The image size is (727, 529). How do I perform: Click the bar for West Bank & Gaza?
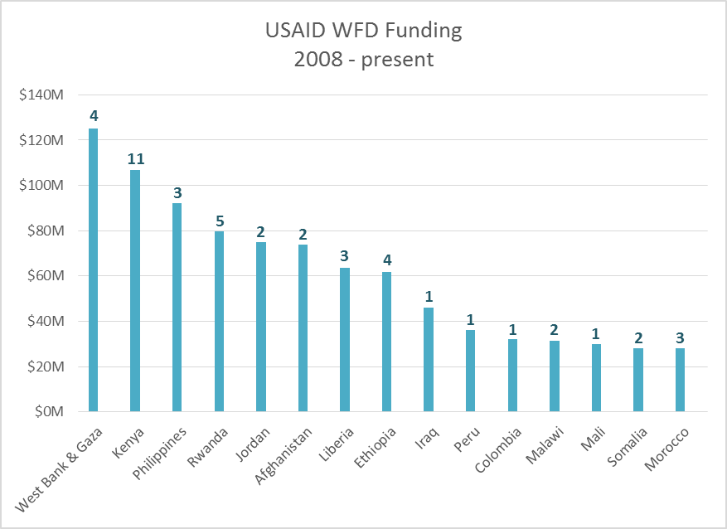(x=93, y=269)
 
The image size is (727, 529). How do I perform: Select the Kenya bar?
(x=135, y=290)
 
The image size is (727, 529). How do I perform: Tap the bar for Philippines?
(x=177, y=307)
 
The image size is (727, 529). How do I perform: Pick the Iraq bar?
(x=429, y=359)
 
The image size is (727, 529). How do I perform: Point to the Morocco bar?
(x=680, y=380)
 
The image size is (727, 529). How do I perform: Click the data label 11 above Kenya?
(x=135, y=158)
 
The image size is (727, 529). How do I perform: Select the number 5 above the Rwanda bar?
(x=220, y=221)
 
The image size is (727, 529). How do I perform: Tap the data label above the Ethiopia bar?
(x=387, y=260)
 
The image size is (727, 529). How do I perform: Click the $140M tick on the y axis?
(x=42, y=95)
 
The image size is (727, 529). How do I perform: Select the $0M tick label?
(x=48, y=412)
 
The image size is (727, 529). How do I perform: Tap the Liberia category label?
(x=338, y=444)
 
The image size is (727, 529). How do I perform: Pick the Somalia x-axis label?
(x=627, y=447)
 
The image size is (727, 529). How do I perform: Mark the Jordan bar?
(x=261, y=327)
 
